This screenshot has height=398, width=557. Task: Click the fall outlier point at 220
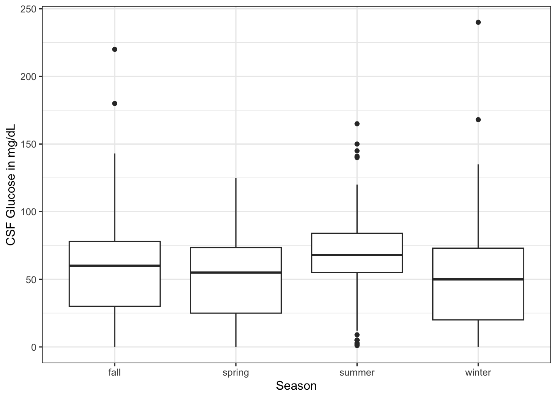(115, 49)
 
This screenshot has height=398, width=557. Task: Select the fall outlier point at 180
(115, 104)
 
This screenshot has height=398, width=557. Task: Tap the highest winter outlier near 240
(478, 22)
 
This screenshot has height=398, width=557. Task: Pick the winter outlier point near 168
(478, 120)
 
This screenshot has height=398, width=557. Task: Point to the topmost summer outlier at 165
(357, 124)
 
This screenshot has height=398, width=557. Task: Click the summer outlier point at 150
(357, 144)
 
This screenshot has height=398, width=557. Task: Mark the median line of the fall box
(115, 266)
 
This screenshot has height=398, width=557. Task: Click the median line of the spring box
(236, 272)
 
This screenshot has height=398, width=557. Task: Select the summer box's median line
(357, 255)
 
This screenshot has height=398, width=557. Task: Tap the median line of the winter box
(478, 279)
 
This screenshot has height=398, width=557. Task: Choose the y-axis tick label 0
(34, 347)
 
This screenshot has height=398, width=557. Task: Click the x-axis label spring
(236, 373)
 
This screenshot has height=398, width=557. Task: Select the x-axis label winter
(478, 373)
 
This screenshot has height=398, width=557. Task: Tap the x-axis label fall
(115, 373)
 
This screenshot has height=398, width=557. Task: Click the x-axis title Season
(296, 386)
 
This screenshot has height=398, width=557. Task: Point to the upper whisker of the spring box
(236, 212)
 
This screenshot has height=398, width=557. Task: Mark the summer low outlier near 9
(357, 335)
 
